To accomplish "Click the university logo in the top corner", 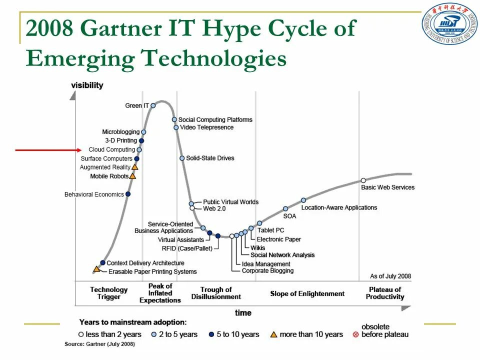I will pyautogui.click(x=449, y=24).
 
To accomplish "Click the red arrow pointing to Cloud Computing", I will pyautogui.click(x=47, y=149).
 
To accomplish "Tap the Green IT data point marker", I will pyautogui.click(x=153, y=105).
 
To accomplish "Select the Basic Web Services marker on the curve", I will pyautogui.click(x=363, y=180).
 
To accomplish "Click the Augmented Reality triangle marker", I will pyautogui.click(x=134, y=167).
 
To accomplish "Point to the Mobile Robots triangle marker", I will pyautogui.click(x=132, y=176).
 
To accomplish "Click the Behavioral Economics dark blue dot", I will pyautogui.click(x=128, y=194).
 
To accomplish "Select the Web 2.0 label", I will pyautogui.click(x=215, y=208).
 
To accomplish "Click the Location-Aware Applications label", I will pyautogui.click(x=339, y=207).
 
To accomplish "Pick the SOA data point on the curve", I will pyautogui.click(x=285, y=209).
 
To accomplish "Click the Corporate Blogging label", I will pyautogui.click(x=267, y=271).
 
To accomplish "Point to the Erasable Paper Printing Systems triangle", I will pyautogui.click(x=96, y=269).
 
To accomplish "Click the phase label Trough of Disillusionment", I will pyautogui.click(x=216, y=293).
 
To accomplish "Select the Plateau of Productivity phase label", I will pyautogui.click(x=384, y=293).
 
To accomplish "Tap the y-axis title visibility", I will pyautogui.click(x=87, y=85).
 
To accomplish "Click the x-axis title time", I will pyautogui.click(x=243, y=313).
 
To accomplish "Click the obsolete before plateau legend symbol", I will pyautogui.click(x=355, y=334).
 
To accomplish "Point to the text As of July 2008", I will pyautogui.click(x=390, y=276).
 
